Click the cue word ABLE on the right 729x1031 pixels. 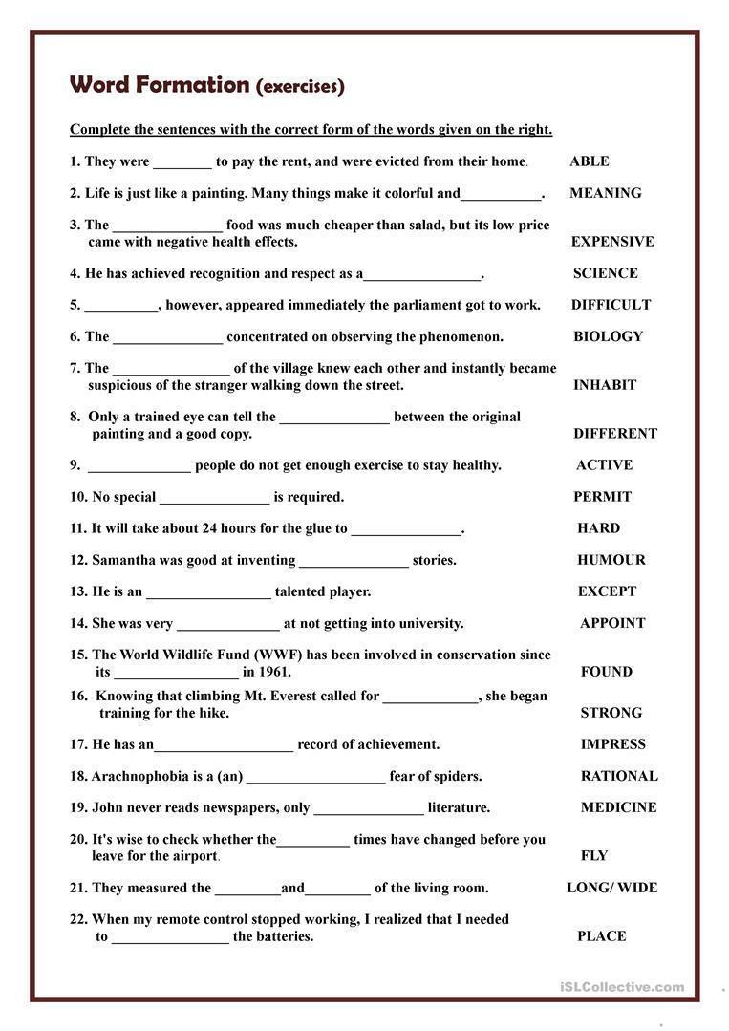[x=589, y=161]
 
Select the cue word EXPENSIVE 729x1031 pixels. [x=612, y=242]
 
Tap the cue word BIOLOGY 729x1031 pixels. [x=608, y=336]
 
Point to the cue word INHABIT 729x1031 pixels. [x=605, y=385]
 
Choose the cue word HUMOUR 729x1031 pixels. [x=611, y=560]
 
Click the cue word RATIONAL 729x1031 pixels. [x=619, y=776]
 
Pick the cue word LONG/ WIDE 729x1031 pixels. [x=611, y=888]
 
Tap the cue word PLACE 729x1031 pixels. [x=601, y=936]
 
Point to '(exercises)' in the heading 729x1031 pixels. [x=300, y=86]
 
